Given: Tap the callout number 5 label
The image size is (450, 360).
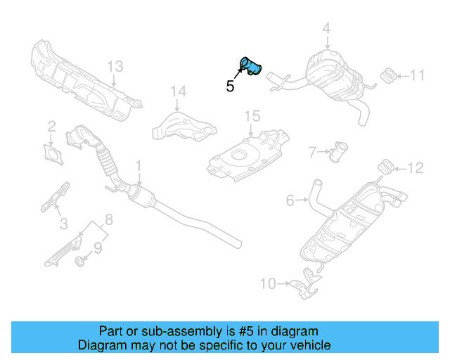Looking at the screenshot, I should (x=229, y=86).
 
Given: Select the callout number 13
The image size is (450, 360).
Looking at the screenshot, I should (x=115, y=67).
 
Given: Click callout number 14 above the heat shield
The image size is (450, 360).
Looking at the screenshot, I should (x=179, y=91).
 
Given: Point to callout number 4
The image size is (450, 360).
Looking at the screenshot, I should (x=326, y=29).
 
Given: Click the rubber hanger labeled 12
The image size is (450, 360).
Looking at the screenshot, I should (x=386, y=167).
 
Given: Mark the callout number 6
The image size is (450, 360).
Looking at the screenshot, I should (x=290, y=201).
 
